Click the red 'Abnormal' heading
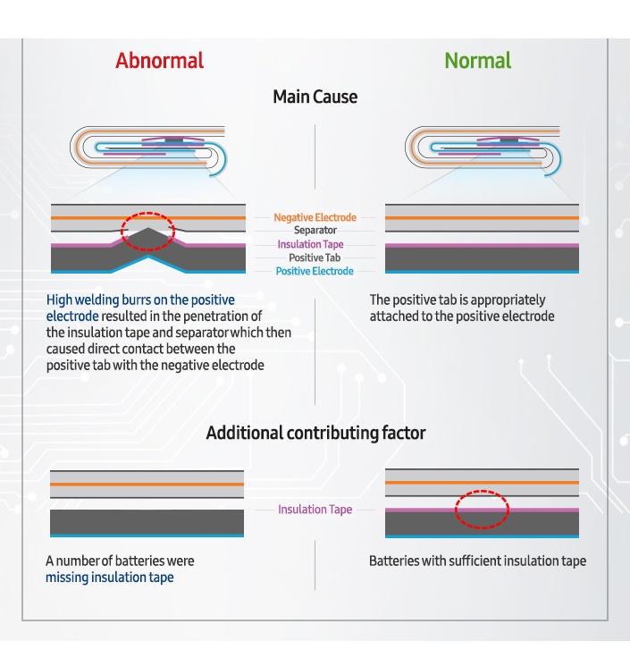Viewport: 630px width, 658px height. [x=159, y=61]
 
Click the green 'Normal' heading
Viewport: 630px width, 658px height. [x=478, y=61]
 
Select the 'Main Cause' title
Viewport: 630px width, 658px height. [x=315, y=97]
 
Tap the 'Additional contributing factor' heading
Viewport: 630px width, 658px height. [x=315, y=433]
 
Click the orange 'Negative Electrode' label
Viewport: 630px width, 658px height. [x=315, y=217]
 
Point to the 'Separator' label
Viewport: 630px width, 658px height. [x=315, y=230]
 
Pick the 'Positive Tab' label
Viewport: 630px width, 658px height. [x=315, y=257]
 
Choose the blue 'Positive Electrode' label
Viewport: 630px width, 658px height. [x=315, y=271]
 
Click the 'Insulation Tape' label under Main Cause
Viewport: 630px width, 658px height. [x=310, y=244]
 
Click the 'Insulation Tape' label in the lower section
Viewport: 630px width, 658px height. [x=315, y=510]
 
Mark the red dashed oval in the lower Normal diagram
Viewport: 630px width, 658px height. [x=482, y=510]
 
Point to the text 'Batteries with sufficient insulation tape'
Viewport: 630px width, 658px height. [x=477, y=561]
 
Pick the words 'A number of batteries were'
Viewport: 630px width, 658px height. [x=120, y=561]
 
